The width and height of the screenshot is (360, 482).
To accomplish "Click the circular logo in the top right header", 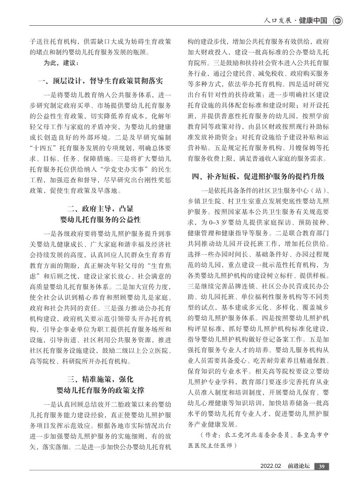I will [338, 21].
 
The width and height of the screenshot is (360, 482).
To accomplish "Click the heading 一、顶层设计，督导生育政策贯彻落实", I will [100, 80].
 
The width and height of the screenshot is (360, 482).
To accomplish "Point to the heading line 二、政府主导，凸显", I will [100, 208].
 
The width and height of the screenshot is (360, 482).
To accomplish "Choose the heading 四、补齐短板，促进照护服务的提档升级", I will [258, 176].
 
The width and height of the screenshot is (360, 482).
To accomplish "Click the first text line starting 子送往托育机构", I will [100, 41].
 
